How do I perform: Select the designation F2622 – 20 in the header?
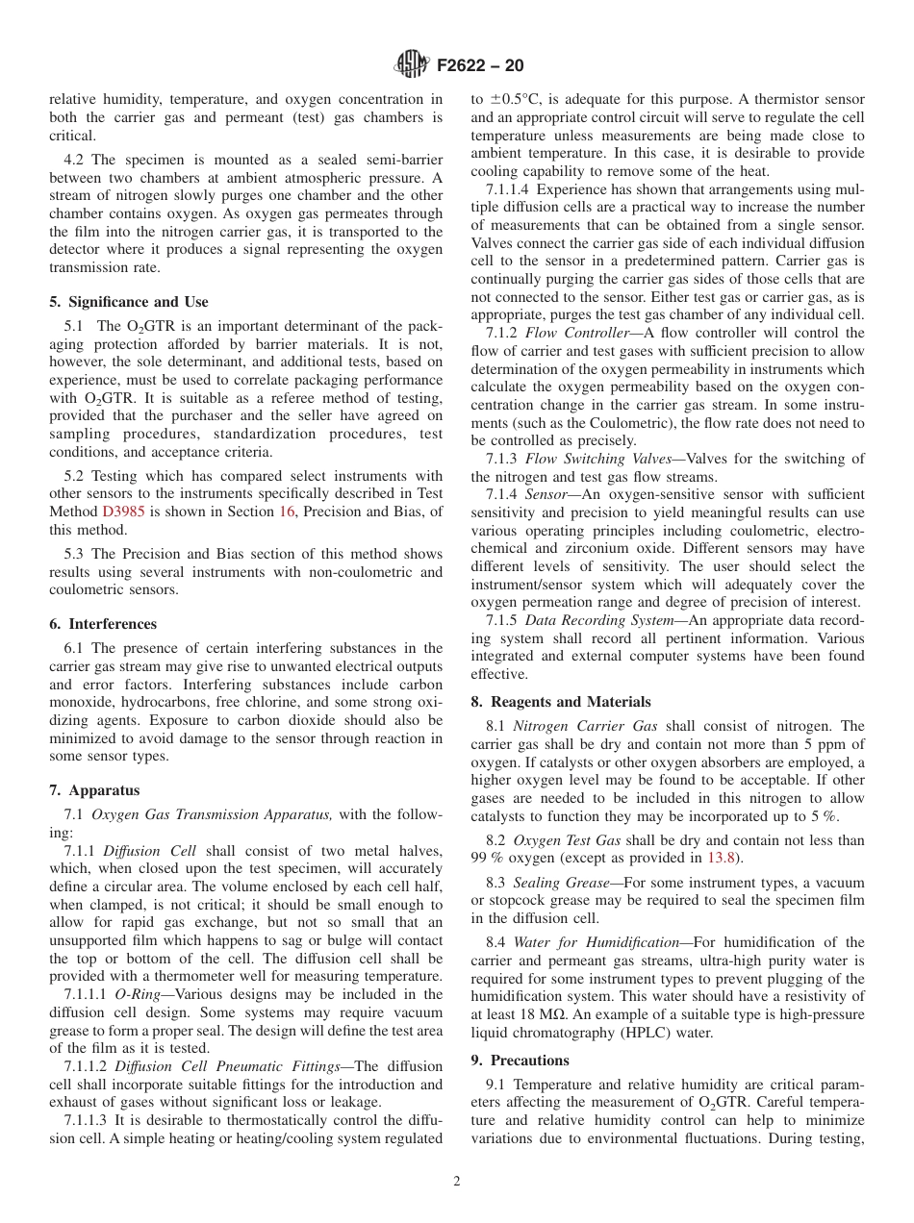coord(480,66)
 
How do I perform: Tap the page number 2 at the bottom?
coord(457,1182)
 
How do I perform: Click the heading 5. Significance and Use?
coord(128,302)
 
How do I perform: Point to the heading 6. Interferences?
coord(103,624)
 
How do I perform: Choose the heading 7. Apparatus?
coord(94,790)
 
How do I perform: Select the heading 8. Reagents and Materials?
coord(560,702)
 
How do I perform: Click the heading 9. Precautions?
coord(520,1061)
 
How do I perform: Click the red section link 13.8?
coord(724,858)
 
